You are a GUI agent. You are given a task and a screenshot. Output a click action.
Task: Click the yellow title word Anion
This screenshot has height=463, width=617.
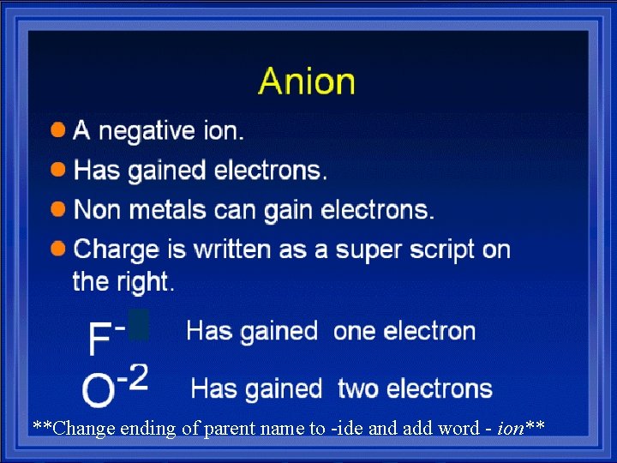point(307,81)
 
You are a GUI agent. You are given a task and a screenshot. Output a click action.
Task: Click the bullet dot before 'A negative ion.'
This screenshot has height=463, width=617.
point(58,130)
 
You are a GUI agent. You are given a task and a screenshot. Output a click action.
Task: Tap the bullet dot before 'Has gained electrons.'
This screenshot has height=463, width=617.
point(58,169)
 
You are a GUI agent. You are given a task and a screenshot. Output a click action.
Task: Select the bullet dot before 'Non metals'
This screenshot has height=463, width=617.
point(58,208)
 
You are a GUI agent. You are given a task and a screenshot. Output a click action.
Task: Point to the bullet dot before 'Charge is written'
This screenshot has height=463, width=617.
point(58,249)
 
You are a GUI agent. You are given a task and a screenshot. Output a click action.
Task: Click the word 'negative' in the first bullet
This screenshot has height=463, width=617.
point(145,131)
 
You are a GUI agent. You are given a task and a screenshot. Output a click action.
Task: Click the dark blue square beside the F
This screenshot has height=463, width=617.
point(139,325)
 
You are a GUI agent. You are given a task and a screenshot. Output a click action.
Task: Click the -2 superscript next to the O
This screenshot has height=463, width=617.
point(133,377)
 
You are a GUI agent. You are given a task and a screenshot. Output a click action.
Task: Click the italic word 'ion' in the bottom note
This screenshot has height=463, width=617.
point(512,428)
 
